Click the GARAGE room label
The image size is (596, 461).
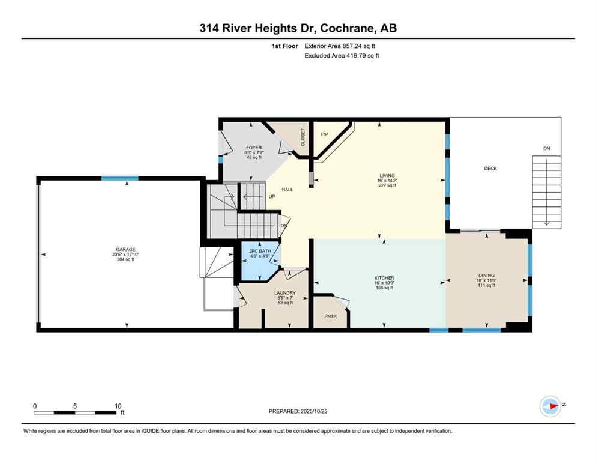tap(126, 249)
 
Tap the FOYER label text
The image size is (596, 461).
tap(252, 147)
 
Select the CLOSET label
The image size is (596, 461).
tap(303, 137)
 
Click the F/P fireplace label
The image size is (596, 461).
tap(325, 134)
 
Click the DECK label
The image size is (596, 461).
tap(490, 169)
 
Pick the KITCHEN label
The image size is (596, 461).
tap(384, 278)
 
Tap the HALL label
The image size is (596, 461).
tap(287, 190)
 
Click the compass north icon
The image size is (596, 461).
tap(550, 406)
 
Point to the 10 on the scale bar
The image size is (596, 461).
tap(118, 406)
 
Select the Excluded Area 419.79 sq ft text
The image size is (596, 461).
tap(342, 55)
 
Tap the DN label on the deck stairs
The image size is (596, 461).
tap(546, 148)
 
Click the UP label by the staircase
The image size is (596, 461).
tap(271, 196)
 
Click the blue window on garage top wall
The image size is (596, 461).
tap(119, 178)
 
